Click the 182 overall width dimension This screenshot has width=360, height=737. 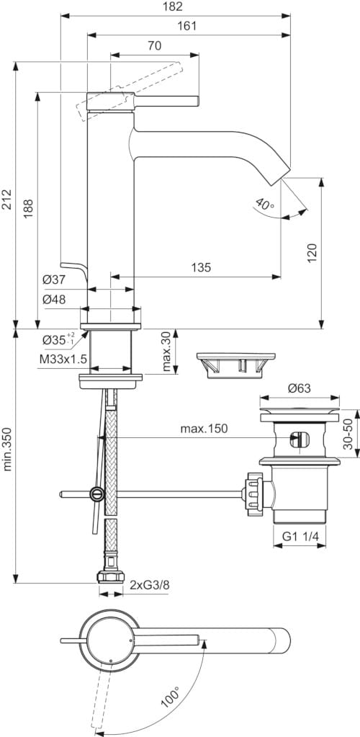(174, 6)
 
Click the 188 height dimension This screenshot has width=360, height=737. (27, 208)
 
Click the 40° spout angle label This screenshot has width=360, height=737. (265, 205)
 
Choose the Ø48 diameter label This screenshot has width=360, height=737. (54, 298)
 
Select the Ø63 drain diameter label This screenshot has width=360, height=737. (299, 388)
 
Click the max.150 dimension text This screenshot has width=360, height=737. (204, 429)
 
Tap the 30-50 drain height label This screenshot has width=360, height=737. (348, 435)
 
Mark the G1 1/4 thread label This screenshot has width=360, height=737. (300, 537)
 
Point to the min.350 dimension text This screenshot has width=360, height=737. (7, 447)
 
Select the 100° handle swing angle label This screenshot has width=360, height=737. (169, 697)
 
